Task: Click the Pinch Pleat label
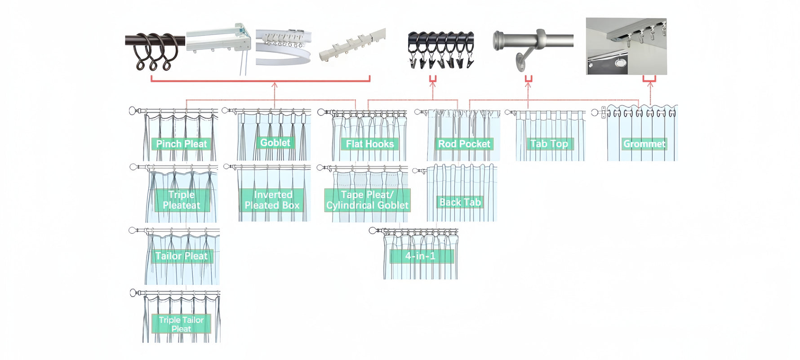pos(182,144)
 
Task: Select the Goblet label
pos(275,142)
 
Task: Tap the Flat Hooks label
pos(369,144)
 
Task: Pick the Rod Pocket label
pos(464,144)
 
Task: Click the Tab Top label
pos(549,144)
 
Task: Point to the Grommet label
pos(644,144)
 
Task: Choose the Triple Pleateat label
pos(182,200)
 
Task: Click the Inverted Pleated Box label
pos(272,200)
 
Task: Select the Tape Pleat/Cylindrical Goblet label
pos(367,200)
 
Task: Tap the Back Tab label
pos(460,202)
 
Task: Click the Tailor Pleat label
pos(182,256)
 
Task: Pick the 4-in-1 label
pos(421,256)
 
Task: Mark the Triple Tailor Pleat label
pos(182,324)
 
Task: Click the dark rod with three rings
pos(155,49)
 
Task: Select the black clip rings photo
pos(440,49)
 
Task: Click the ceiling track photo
pos(626,46)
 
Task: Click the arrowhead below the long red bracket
pos(274,85)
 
